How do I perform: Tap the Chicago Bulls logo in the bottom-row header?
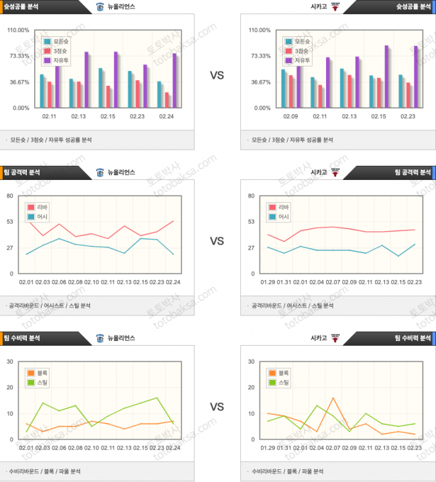point(335,338)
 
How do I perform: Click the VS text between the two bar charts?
point(217,76)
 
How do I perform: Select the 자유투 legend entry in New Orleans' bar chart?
point(55,60)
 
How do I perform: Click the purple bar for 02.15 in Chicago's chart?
point(386,77)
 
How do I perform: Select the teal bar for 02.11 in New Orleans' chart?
point(42,91)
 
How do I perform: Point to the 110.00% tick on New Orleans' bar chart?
point(18,30)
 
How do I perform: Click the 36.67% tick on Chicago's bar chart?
point(260,82)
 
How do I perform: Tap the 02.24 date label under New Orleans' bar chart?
point(167,117)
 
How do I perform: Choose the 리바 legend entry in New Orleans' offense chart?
point(40,207)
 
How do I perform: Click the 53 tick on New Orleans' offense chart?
point(10,222)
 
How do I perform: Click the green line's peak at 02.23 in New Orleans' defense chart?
point(157,397)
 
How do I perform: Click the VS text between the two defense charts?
point(217,407)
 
